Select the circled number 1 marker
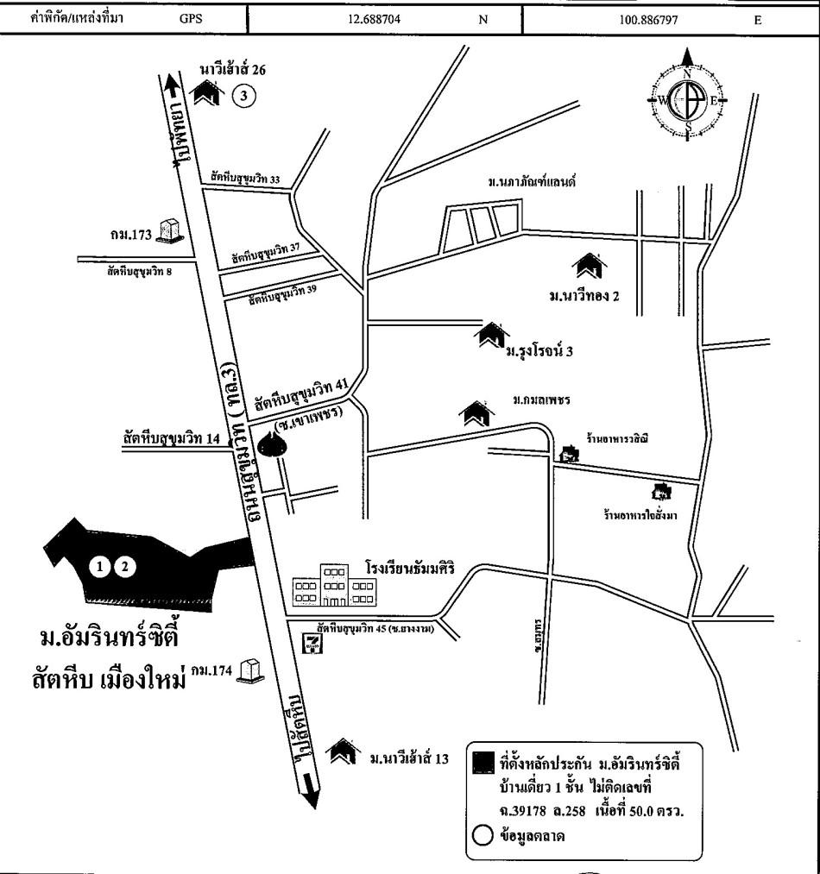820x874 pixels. tap(102, 567)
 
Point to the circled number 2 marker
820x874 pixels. tap(126, 567)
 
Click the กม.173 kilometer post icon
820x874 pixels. tap(173, 230)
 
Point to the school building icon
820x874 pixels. tap(332, 584)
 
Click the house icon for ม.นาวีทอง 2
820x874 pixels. tap(590, 264)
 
